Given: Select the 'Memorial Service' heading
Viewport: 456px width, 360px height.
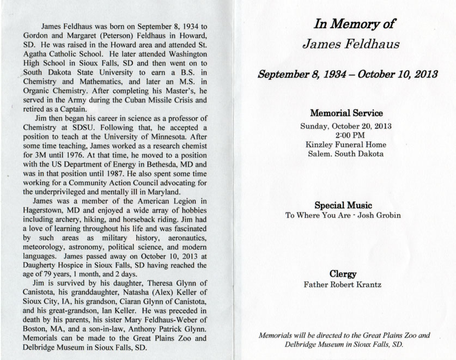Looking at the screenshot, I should tap(346, 114).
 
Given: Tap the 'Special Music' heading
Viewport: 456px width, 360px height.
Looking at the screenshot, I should tap(343, 205).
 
